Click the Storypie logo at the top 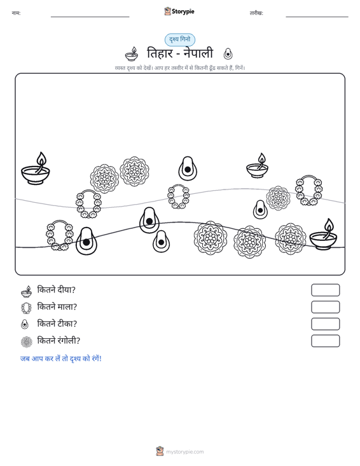(179, 11)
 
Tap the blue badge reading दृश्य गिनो (180, 39)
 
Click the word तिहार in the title (160, 53)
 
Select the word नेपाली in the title (198, 53)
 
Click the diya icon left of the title (132, 54)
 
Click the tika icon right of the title (228, 54)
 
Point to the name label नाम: (16, 13)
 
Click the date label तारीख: (256, 13)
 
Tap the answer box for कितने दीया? (325, 290)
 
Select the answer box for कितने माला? (325, 307)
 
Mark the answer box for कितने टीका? (325, 324)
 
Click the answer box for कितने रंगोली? (325, 341)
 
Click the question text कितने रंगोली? (59, 341)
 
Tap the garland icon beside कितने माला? (27, 308)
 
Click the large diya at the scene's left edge (36, 168)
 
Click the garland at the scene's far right (308, 190)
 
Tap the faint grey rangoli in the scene (278, 198)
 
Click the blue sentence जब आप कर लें (60, 359)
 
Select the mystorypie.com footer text (185, 452)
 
